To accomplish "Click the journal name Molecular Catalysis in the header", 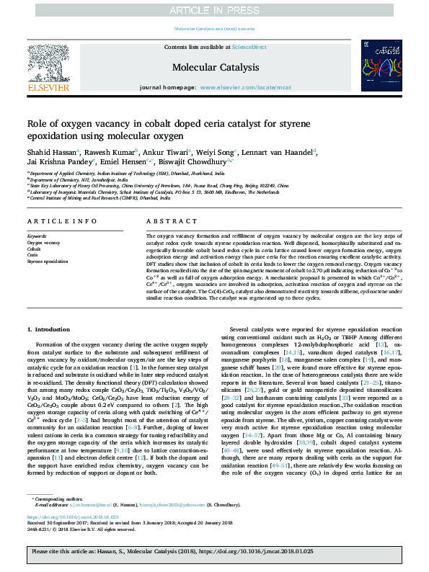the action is (215, 67).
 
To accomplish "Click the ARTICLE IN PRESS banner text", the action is (214, 9).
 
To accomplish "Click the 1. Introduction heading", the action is (50, 329).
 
